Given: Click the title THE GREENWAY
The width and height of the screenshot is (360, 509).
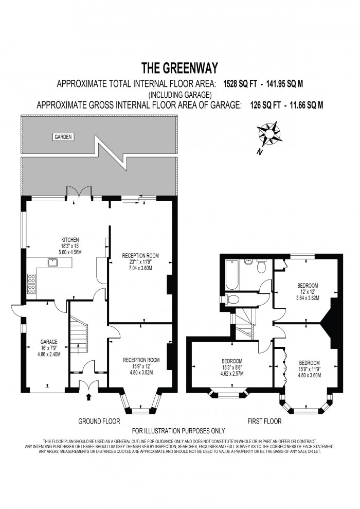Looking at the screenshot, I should (x=179, y=68).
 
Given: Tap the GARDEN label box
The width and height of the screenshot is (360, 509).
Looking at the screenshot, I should (x=63, y=137).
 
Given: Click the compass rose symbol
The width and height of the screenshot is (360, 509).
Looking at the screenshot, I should (x=269, y=133).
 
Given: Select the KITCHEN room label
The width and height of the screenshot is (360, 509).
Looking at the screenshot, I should (x=70, y=240).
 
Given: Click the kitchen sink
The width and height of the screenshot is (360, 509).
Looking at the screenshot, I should (x=53, y=263).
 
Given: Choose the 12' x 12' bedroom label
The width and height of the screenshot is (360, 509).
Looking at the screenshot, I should (x=308, y=291).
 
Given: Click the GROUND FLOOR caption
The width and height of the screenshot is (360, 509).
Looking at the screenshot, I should (x=99, y=420).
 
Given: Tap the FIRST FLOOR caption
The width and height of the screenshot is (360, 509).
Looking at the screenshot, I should (x=264, y=420).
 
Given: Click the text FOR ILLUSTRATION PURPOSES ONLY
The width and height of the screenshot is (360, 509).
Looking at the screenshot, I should (x=178, y=431).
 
